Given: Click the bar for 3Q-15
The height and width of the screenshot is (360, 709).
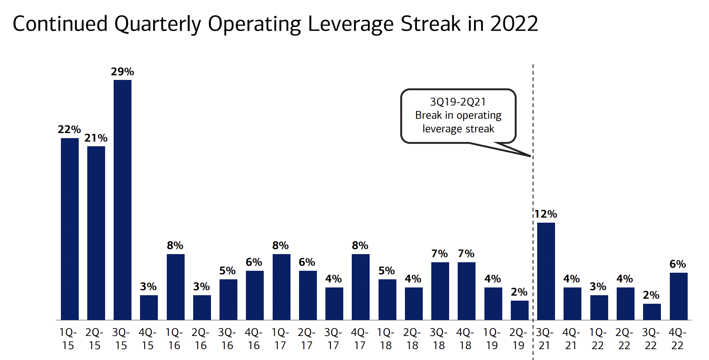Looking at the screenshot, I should point(123,200).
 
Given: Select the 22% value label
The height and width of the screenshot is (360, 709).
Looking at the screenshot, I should point(69,130).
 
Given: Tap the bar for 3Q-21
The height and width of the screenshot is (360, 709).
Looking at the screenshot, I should point(546,271).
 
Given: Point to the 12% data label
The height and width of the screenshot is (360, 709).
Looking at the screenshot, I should point(546,214).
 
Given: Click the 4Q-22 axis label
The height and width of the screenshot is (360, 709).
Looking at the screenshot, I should point(677,339).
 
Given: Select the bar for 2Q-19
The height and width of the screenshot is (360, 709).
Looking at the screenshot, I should point(519,310).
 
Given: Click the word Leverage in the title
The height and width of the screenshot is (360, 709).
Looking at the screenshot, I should point(351,24).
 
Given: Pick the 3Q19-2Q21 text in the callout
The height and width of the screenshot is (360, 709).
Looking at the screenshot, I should point(458,102).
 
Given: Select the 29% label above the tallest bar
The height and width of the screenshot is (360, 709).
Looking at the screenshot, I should point(122,72).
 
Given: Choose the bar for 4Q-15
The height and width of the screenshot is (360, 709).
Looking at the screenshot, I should point(149,308).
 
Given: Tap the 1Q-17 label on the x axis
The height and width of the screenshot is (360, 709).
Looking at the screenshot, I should point(280,339).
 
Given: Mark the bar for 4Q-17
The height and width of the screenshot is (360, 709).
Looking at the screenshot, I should point(360,287).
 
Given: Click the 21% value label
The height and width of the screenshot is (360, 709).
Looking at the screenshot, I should point(96,138).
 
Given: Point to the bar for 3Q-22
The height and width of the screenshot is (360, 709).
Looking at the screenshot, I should point(652,312).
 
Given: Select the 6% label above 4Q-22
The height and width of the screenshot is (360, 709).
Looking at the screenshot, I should point(678,264).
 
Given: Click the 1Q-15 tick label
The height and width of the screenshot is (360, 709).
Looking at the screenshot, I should point(68,339).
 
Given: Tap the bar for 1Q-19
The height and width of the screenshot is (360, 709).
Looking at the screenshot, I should point(493,304).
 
